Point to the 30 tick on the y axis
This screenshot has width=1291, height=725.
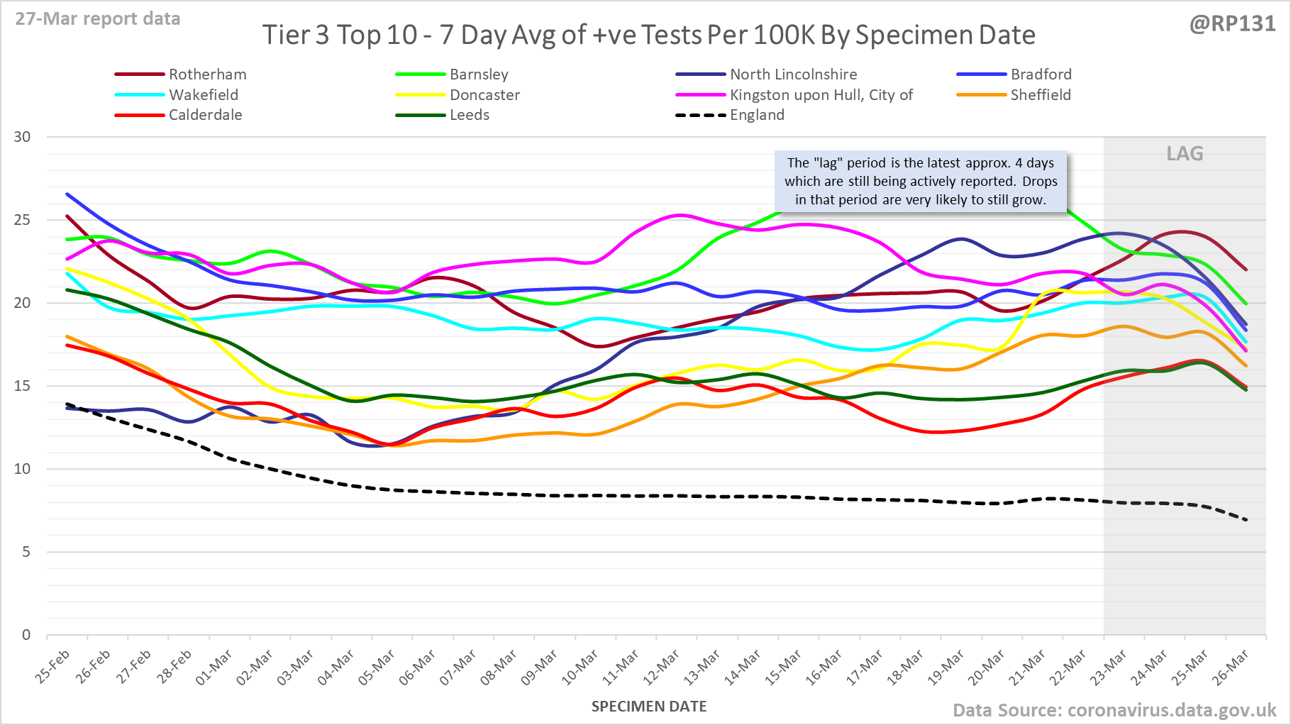(x=23, y=137)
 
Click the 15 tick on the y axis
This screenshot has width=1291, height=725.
(x=23, y=386)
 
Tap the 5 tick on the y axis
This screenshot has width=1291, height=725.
(x=26, y=552)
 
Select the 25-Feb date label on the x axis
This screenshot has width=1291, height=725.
(x=53, y=667)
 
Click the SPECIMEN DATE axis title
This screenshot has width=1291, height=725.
(x=649, y=707)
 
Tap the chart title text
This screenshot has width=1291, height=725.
(x=648, y=35)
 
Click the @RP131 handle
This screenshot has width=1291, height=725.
(x=1232, y=23)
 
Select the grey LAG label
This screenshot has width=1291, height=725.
(x=1185, y=154)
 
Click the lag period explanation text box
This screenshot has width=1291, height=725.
(x=920, y=182)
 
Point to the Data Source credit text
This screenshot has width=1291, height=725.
(x=1114, y=710)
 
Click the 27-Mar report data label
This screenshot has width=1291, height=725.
(x=98, y=18)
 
